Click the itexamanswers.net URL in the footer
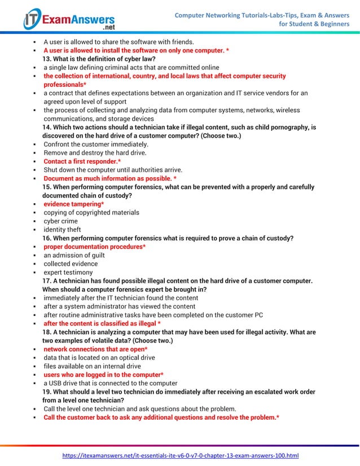(180, 455)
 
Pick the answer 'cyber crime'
(62, 221)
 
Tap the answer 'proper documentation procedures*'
(95, 247)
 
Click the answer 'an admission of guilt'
(74, 255)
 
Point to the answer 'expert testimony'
(68, 272)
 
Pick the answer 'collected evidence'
(71, 263)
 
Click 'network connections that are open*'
(95, 349)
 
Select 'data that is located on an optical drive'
(99, 358)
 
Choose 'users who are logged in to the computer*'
(104, 375)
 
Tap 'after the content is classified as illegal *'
(102, 324)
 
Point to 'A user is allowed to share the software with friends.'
(118, 42)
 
